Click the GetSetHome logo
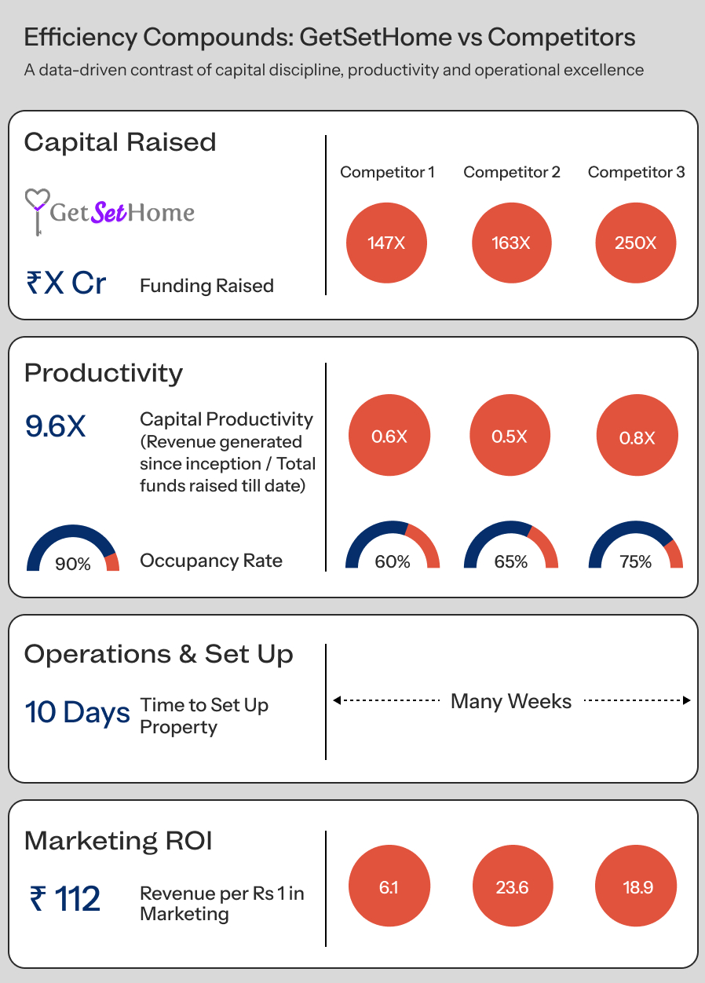110,211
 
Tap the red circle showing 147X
386,243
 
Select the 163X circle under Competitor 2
511,243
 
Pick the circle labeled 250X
636,243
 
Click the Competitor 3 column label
636,172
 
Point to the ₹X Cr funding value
66,283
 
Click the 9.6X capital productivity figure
56,426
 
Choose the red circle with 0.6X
389,436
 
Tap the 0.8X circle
637,437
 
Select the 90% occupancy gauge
73,550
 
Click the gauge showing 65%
511,547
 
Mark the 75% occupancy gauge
635,547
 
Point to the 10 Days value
77,713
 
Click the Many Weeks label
511,701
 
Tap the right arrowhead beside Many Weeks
686,700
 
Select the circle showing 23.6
513,887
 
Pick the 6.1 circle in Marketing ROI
389,887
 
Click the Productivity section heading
104,373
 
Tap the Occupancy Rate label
211,561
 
